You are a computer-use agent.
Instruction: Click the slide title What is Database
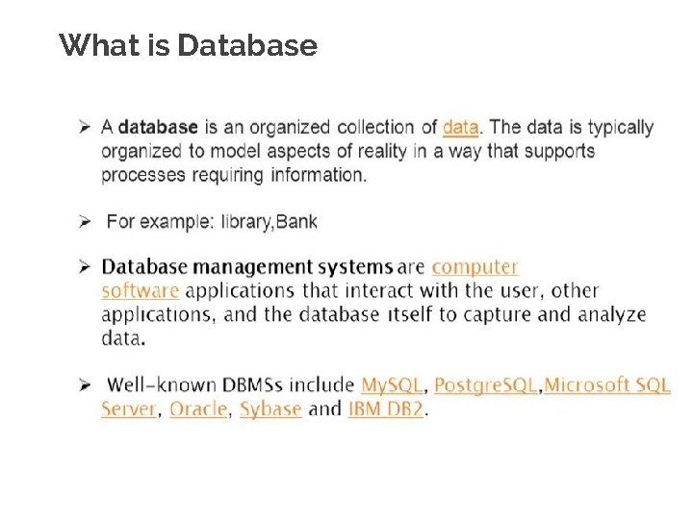pyautogui.click(x=188, y=45)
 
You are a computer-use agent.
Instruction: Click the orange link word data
pyautogui.click(x=460, y=127)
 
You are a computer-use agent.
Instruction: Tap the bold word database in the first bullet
pyautogui.click(x=158, y=127)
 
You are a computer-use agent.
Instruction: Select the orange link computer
pyautogui.click(x=475, y=267)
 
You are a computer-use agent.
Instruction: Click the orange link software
pyautogui.click(x=140, y=290)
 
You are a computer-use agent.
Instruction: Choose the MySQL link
pyautogui.click(x=392, y=385)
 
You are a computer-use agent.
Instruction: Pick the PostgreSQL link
pyautogui.click(x=485, y=385)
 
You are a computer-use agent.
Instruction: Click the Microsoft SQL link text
pyautogui.click(x=607, y=385)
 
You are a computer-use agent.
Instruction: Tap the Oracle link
pyautogui.click(x=198, y=409)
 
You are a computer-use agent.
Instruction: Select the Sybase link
pyautogui.click(x=270, y=409)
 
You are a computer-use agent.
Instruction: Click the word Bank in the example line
pyautogui.click(x=296, y=222)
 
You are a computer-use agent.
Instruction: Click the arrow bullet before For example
pyautogui.click(x=85, y=222)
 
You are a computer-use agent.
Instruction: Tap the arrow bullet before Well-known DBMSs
pyautogui.click(x=85, y=385)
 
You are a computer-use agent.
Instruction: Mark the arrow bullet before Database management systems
pyautogui.click(x=85, y=266)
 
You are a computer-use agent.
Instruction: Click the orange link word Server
pyautogui.click(x=128, y=409)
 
